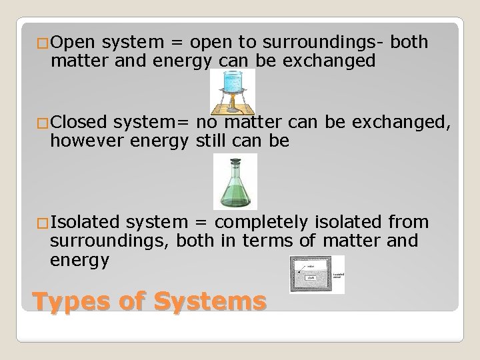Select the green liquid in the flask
234,195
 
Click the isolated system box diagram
317,274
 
